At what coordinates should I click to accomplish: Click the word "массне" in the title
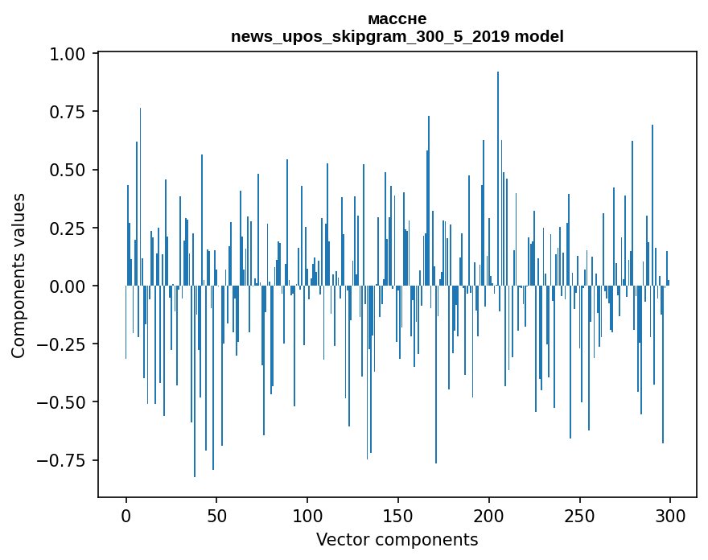(397, 19)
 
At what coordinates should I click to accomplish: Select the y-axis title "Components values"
(19, 275)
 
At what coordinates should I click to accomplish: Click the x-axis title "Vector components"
(397, 539)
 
